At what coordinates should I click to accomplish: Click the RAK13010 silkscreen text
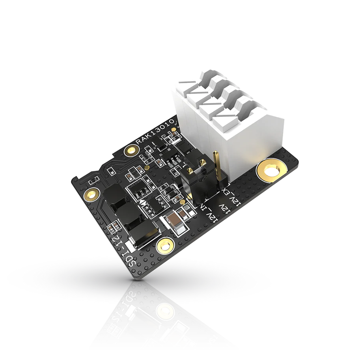pos(155,133)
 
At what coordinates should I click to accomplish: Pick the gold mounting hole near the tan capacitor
pos(163,247)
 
